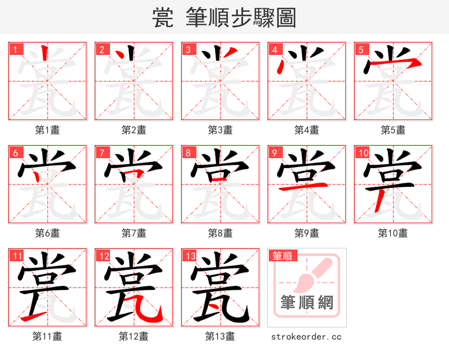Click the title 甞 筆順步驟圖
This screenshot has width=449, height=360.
[x=224, y=17]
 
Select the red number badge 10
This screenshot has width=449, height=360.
[x=363, y=153]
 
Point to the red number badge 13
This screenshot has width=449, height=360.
[x=190, y=256]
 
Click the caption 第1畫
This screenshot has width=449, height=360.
[x=48, y=130]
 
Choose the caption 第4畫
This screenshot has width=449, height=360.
[x=307, y=130]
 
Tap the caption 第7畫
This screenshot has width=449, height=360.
[x=134, y=233]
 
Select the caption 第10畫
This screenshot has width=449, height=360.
[x=393, y=233]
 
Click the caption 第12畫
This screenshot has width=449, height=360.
[x=134, y=336]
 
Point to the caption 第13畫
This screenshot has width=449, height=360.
[x=221, y=336]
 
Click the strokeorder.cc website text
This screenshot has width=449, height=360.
[x=306, y=337]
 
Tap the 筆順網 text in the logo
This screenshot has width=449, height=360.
[x=307, y=303]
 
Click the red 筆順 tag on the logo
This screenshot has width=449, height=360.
[x=282, y=256]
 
